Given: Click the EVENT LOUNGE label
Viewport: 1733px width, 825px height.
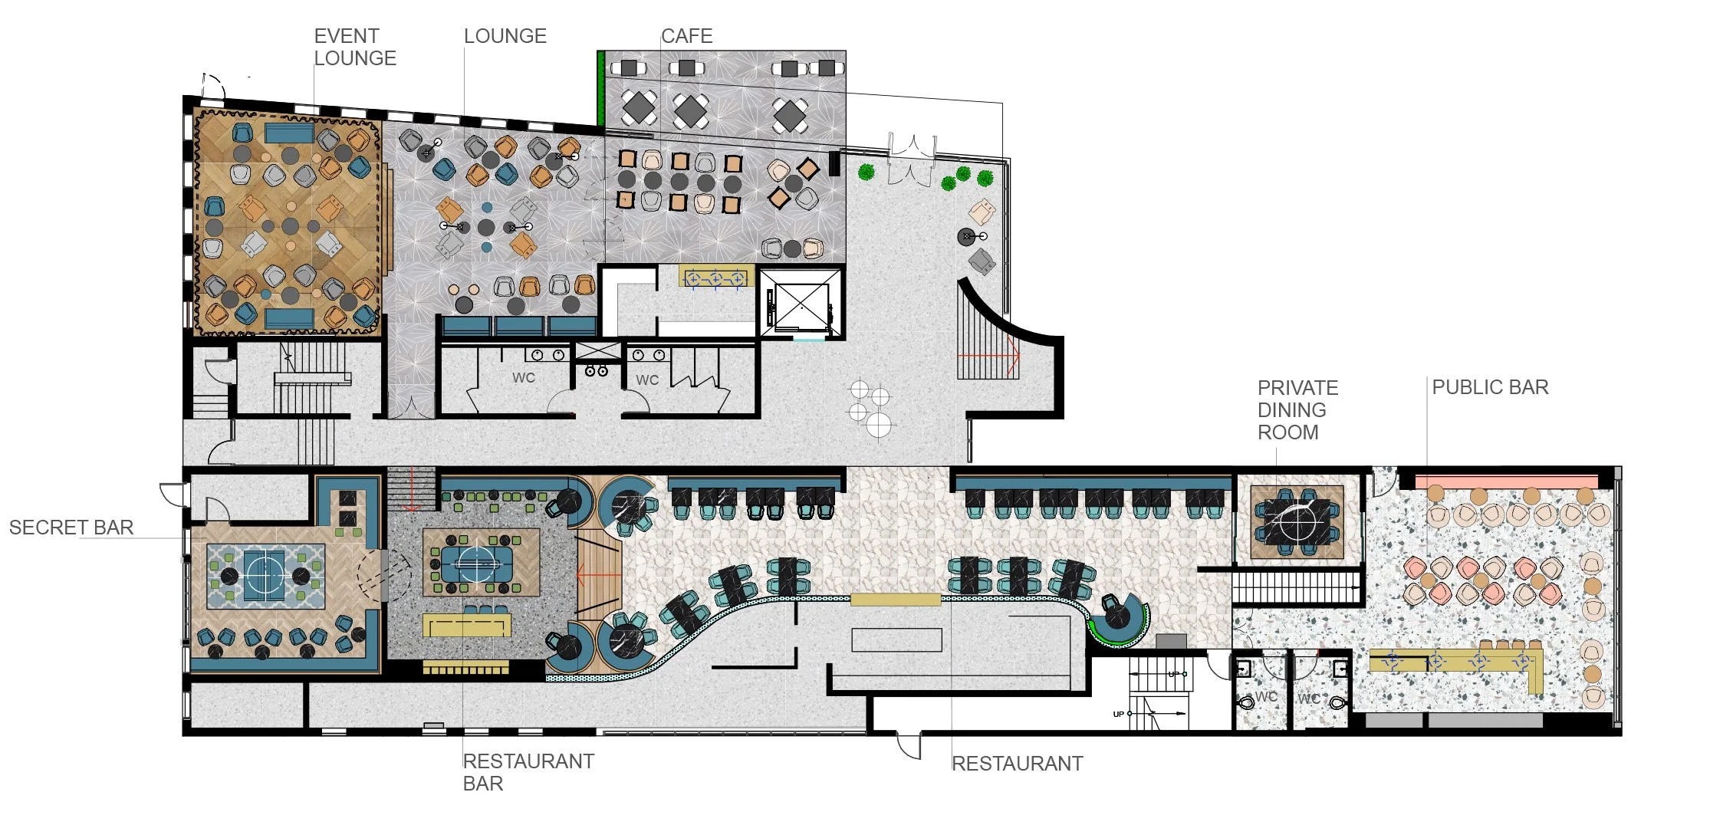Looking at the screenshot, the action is click(355, 47).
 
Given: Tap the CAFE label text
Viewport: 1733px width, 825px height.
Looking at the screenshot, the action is click(687, 36).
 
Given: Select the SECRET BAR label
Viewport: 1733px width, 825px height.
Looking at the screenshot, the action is click(71, 528).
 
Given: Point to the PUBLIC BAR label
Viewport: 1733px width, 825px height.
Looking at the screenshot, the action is click(1490, 387).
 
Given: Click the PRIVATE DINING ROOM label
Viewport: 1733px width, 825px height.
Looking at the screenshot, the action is click(1297, 410).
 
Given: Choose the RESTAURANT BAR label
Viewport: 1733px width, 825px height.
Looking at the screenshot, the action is click(528, 772).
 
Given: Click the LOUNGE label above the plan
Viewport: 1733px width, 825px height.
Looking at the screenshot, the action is click(505, 36).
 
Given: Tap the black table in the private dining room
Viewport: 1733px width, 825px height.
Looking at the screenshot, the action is click(1296, 521).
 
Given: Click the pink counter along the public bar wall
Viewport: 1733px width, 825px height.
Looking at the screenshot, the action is click(1506, 482).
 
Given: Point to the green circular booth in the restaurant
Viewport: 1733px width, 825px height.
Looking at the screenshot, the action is click(1119, 619).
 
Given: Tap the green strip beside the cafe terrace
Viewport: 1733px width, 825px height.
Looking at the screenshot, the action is click(601, 88).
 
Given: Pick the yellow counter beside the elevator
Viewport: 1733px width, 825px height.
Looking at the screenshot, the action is click(715, 277).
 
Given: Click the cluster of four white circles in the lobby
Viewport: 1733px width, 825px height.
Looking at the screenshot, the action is click(871, 407).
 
